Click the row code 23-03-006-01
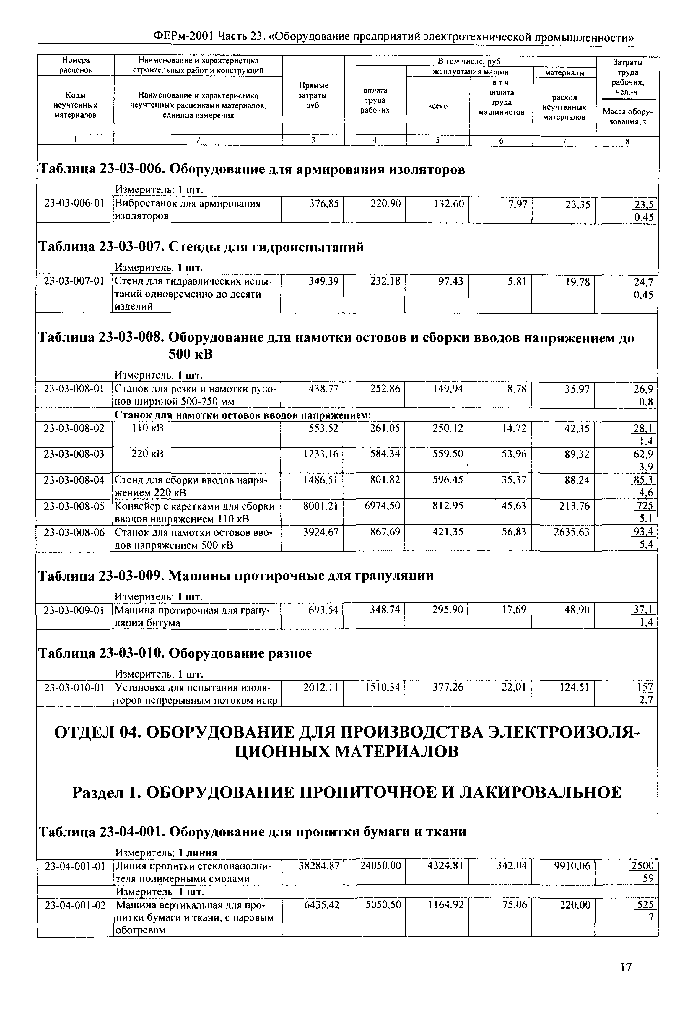75,204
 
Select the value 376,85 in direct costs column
324,204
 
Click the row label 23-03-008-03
75,454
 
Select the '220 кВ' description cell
147,454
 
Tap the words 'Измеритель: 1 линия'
166,853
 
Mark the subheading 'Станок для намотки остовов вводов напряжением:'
243,415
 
